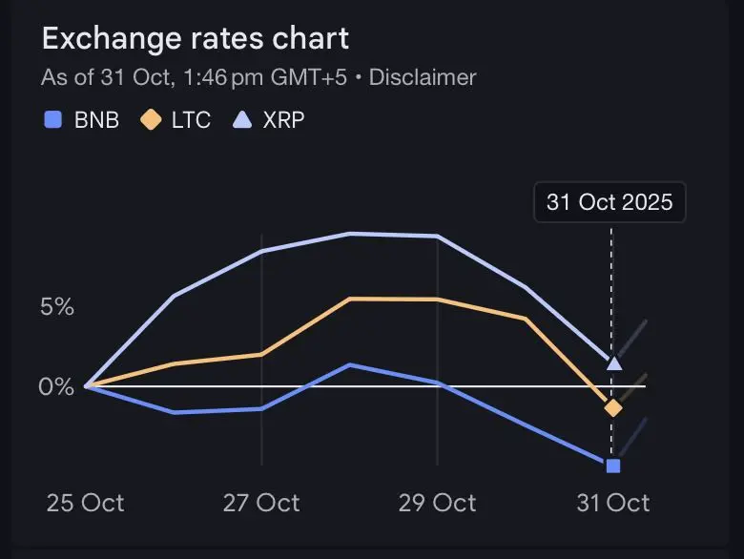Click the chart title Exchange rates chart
click(195, 39)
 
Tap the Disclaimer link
click(423, 77)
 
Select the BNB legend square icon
click(53, 120)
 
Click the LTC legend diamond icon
click(150, 120)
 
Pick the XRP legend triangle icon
click(243, 120)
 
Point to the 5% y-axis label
click(56, 307)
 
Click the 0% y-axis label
click(56, 387)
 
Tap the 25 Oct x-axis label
click(85, 503)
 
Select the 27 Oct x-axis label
click(261, 503)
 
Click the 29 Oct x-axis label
click(437, 503)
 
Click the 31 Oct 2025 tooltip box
click(610, 202)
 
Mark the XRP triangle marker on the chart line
click(613, 362)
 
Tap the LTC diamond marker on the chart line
click(612, 408)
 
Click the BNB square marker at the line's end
click(613, 466)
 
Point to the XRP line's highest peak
click(350, 233)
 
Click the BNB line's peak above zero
click(350, 364)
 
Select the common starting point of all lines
click(87, 386)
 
